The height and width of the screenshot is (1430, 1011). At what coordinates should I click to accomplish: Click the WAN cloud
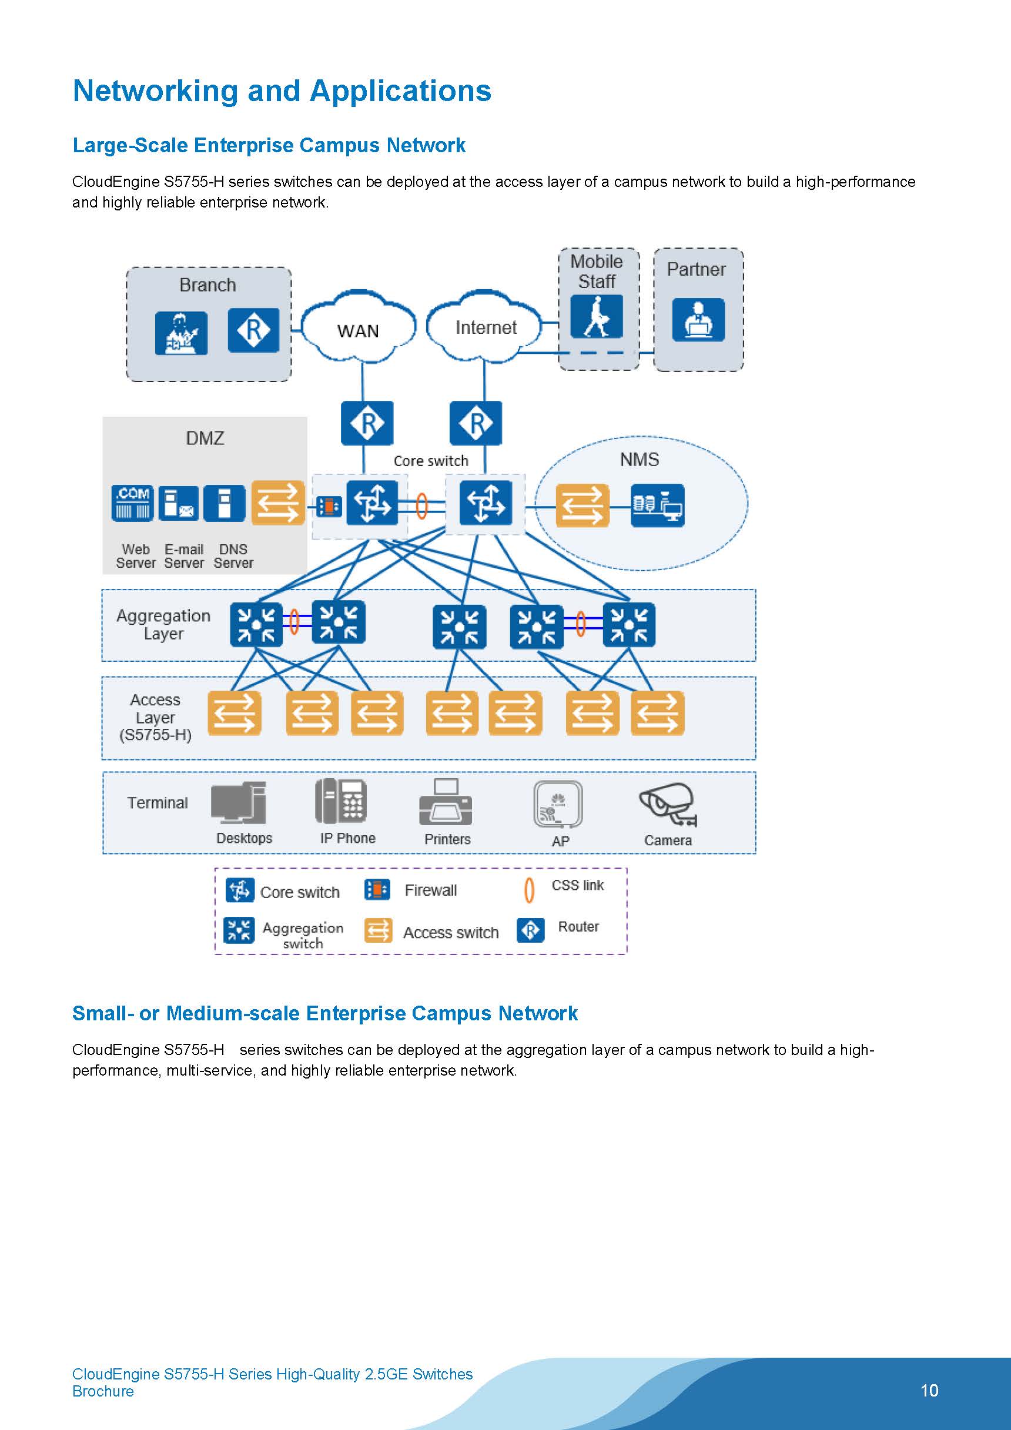click(358, 327)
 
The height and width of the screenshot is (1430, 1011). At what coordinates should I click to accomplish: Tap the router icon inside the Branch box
click(253, 330)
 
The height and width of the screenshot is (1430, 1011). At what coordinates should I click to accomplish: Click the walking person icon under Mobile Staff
click(596, 316)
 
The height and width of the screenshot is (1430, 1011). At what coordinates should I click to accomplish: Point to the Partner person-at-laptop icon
click(698, 320)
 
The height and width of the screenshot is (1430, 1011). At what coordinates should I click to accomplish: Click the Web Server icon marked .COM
click(133, 503)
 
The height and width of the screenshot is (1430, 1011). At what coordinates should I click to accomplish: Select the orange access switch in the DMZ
click(278, 503)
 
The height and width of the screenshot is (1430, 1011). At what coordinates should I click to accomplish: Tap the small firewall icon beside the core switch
click(328, 507)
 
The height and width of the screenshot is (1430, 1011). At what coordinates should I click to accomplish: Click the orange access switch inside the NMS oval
click(582, 505)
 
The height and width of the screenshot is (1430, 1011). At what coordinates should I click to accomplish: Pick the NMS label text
click(639, 460)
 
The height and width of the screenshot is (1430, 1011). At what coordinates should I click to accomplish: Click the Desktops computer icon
click(239, 803)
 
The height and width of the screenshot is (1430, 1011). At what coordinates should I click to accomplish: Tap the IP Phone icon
click(341, 801)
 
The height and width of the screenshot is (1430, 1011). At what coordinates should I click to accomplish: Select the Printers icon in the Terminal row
click(446, 802)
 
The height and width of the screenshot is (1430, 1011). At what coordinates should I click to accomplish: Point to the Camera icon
click(667, 803)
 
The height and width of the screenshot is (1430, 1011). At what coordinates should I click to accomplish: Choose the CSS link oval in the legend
click(529, 890)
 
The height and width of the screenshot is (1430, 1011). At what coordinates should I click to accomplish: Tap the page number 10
click(929, 1390)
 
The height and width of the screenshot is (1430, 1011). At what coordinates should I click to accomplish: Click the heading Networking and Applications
click(282, 91)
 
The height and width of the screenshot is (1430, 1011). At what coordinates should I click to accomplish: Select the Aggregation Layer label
click(163, 625)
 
